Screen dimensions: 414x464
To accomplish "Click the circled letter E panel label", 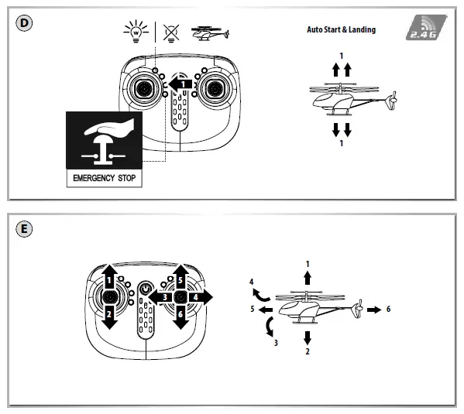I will [x=25, y=229].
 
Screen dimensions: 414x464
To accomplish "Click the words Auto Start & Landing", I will [x=341, y=29].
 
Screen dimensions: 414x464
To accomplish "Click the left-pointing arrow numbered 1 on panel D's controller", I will [x=180, y=83].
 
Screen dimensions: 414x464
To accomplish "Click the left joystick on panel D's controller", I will [x=143, y=91].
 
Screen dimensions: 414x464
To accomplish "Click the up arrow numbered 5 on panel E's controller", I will [x=180, y=279].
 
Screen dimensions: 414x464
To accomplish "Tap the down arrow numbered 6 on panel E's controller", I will [x=180, y=315].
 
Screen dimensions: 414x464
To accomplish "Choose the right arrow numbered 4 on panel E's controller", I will [x=199, y=296].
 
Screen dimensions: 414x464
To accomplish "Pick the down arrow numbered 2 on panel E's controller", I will [x=110, y=314].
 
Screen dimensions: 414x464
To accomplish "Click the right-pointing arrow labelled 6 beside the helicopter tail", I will [x=373, y=309].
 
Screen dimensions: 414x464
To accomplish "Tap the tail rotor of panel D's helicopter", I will [x=393, y=102].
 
